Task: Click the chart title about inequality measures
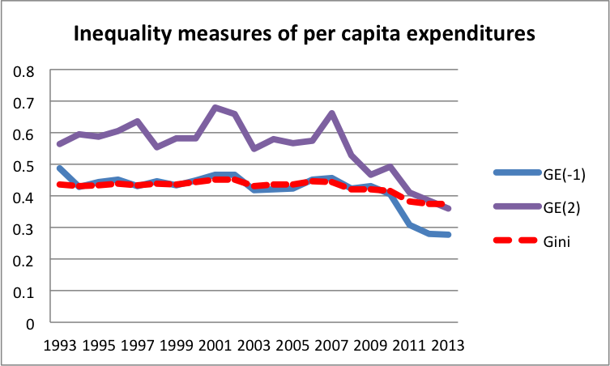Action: (x=304, y=34)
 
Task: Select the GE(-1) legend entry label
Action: (x=557, y=172)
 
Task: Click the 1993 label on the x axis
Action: (x=65, y=344)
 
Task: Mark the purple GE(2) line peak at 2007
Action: (x=331, y=113)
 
